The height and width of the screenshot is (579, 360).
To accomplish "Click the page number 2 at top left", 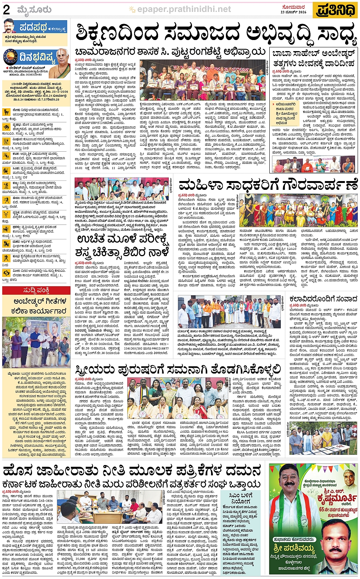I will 6,10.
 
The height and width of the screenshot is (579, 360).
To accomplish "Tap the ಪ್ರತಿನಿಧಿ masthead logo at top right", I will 335,10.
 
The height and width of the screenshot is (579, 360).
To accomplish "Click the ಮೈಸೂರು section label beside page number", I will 34,10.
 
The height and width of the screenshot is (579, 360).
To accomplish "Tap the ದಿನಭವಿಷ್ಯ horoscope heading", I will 37,57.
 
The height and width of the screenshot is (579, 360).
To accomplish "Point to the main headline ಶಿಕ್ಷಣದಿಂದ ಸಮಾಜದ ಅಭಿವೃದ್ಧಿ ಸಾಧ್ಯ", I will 215,34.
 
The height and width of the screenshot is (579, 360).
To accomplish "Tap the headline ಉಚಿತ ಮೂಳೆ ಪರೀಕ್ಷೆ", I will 122,239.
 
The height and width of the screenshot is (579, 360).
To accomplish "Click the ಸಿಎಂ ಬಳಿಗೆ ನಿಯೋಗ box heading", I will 240,499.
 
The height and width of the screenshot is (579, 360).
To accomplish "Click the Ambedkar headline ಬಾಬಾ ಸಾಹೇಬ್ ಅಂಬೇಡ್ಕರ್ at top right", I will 314,54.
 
